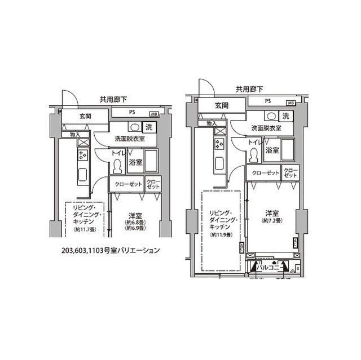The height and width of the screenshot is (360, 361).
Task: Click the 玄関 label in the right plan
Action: pyautogui.click(x=221, y=106)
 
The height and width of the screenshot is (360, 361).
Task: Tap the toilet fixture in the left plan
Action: pyautogui.click(x=118, y=166)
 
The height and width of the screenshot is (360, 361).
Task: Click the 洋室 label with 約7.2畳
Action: pyautogui.click(x=272, y=216)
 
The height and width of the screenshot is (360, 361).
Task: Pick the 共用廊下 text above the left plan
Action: pyautogui.click(x=113, y=99)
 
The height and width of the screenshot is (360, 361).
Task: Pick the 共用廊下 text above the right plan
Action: pyautogui.click(x=249, y=88)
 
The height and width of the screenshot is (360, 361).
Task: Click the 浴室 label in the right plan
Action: pyautogui.click(x=272, y=150)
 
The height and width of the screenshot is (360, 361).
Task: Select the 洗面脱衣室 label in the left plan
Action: pyautogui.click(x=130, y=139)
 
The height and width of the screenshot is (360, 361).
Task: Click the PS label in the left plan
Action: pyautogui.click(x=131, y=112)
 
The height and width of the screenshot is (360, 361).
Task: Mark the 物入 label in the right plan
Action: pyautogui.click(x=212, y=123)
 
